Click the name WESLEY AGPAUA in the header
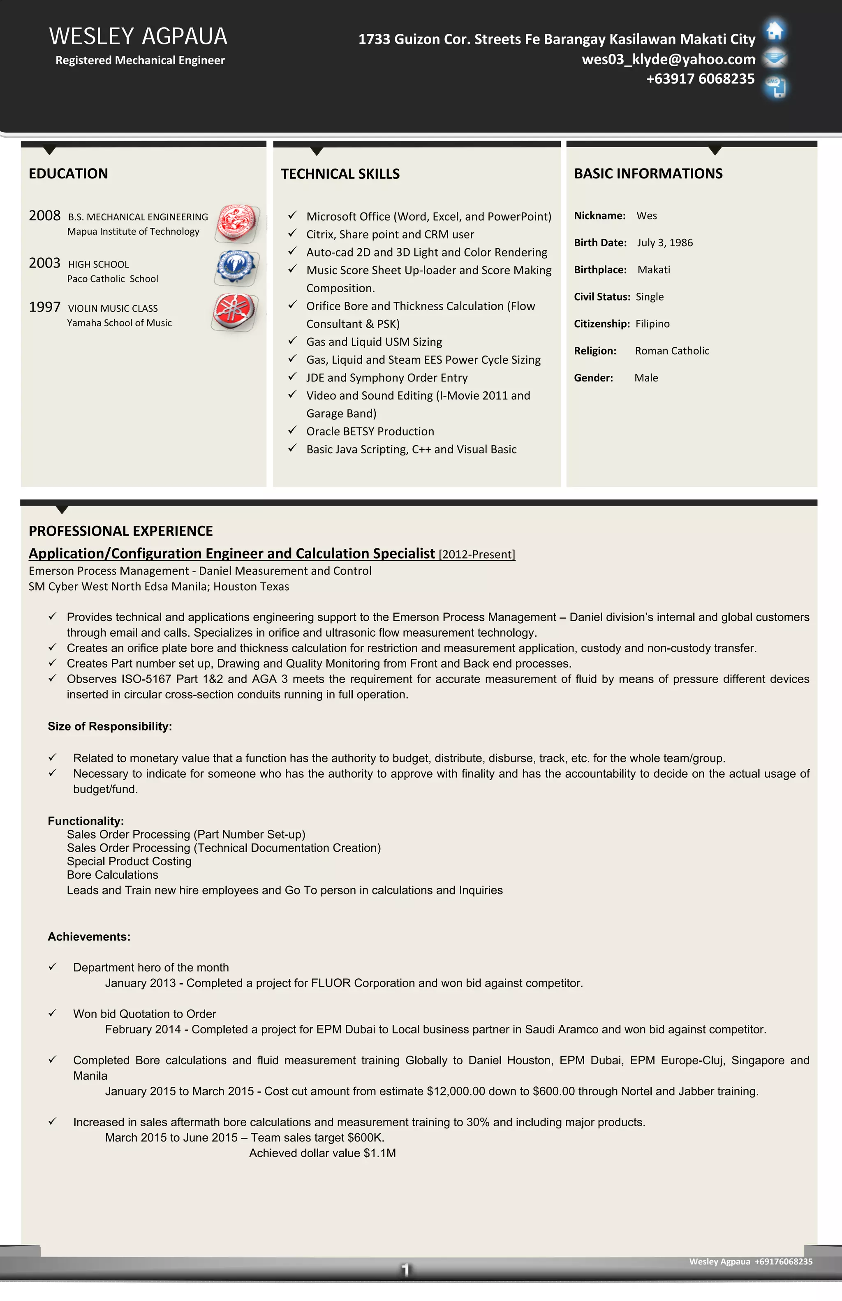(138, 37)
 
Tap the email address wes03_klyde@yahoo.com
(668, 59)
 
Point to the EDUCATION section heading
(68, 173)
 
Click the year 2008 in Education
(44, 215)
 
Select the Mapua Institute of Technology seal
(237, 223)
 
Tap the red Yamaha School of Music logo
(234, 311)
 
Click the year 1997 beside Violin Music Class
(44, 307)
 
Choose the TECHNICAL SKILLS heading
(340, 174)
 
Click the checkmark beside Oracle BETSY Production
(292, 430)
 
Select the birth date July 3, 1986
(664, 243)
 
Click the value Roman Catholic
(672, 351)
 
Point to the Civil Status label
(601, 297)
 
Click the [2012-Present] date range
(477, 554)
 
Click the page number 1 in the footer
(405, 1269)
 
